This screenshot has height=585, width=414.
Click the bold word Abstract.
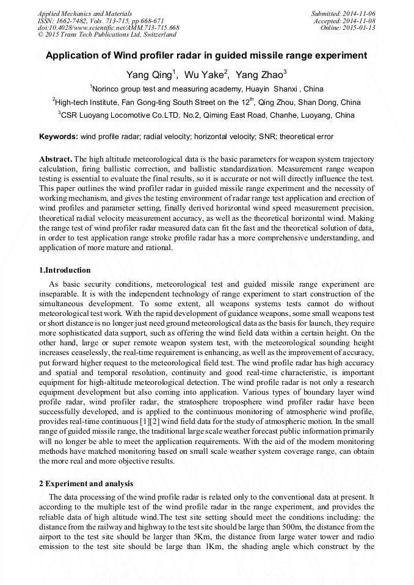[x=55, y=159]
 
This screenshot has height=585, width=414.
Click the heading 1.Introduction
[x=65, y=270]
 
